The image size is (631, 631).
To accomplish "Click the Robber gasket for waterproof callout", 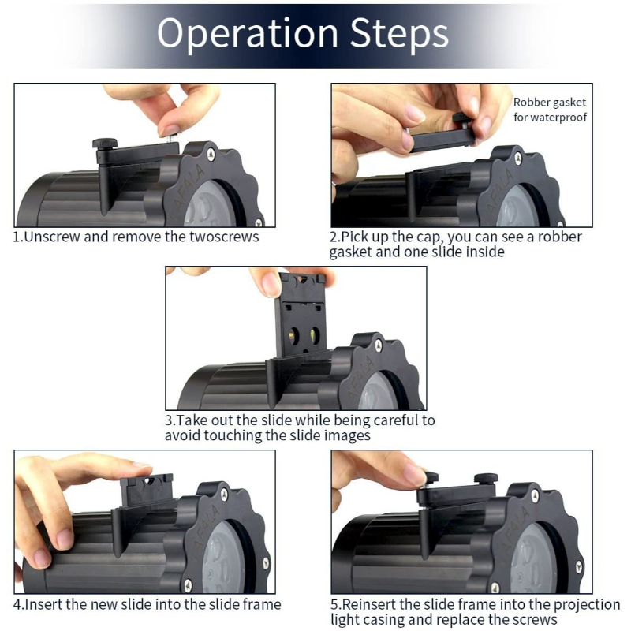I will click(550, 110).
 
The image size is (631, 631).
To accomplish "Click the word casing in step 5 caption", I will click(405, 620).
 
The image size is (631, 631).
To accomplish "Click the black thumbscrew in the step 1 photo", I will click(103, 144).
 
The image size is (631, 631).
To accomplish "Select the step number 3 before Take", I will click(169, 420).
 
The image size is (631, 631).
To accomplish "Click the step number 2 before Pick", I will click(333, 237).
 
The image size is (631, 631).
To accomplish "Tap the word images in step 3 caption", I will click(345, 435).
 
